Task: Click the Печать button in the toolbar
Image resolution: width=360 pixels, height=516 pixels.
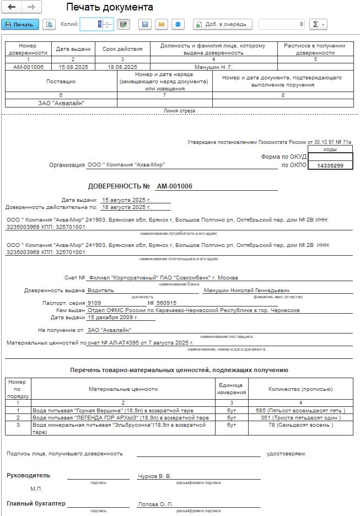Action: click(20, 24)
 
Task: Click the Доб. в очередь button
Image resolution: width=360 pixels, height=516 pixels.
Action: click(223, 24)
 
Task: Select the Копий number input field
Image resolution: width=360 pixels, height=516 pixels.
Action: click(92, 24)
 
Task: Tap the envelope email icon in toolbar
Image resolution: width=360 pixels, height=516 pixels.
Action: click(162, 24)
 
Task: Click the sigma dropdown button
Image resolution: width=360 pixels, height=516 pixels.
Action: click(318, 24)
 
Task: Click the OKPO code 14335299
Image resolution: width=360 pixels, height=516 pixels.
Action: click(330, 165)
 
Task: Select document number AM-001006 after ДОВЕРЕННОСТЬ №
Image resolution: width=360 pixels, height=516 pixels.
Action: click(174, 186)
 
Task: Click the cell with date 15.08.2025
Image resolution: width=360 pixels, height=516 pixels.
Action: click(73, 66)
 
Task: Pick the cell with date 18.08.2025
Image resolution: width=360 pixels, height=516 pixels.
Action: click(122, 66)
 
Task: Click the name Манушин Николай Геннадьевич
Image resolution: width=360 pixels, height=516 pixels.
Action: click(246, 291)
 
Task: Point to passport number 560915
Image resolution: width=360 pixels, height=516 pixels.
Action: click(166, 303)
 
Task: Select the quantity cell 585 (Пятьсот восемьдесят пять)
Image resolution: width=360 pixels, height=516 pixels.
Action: click(300, 411)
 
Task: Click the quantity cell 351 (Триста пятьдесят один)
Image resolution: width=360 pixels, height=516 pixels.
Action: click(300, 418)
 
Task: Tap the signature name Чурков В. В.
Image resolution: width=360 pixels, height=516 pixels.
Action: click(155, 476)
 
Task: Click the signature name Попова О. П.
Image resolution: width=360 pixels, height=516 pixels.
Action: click(155, 504)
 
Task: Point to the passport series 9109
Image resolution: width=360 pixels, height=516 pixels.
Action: click(94, 303)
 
